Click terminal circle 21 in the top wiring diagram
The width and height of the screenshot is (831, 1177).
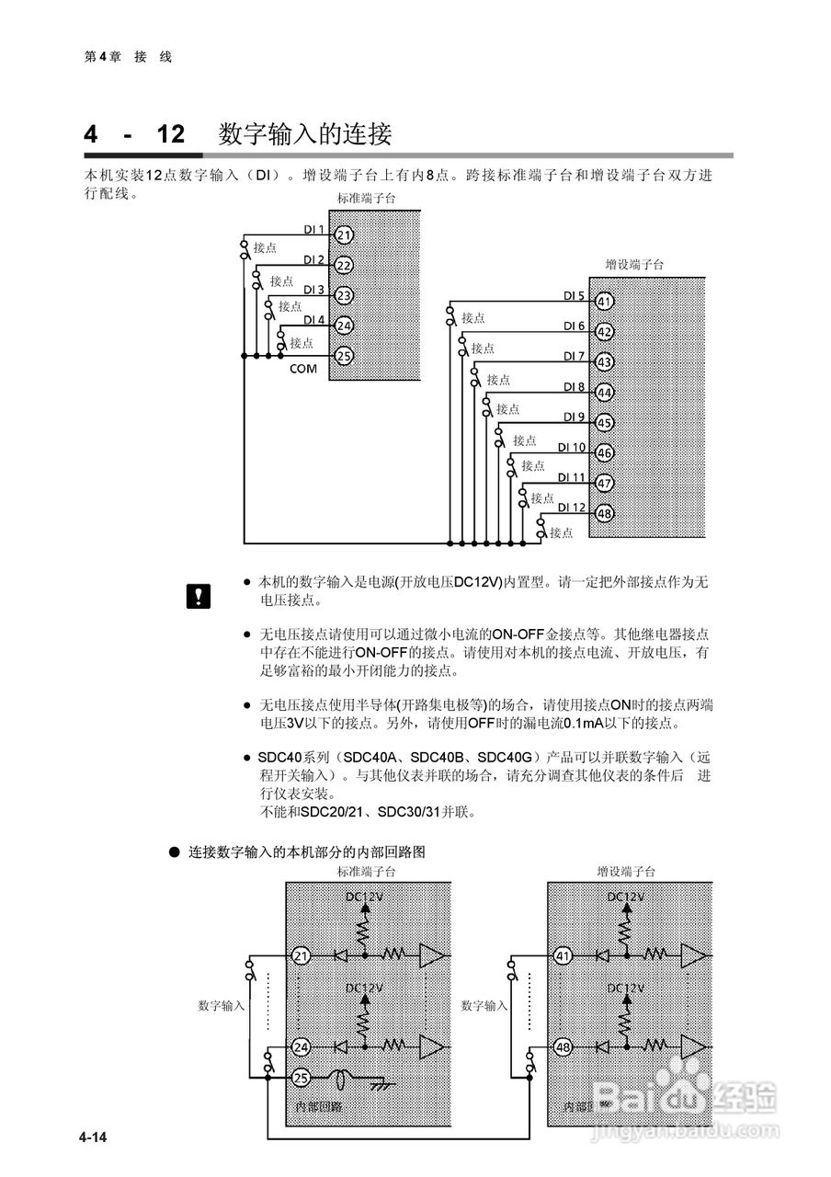[344, 235]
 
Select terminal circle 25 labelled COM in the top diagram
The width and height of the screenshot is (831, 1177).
[344, 355]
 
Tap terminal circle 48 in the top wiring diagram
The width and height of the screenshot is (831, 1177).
[605, 513]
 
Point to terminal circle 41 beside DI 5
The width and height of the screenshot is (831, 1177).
[605, 302]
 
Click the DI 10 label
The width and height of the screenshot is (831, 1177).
[572, 448]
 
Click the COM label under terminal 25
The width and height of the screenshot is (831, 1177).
[302, 369]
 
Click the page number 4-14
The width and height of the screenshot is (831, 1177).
[93, 1138]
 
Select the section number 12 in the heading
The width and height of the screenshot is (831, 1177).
[171, 135]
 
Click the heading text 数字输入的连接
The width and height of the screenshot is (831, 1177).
[305, 135]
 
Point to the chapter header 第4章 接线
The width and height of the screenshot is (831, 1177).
[128, 57]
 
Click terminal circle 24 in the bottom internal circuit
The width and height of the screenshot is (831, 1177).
[302, 1046]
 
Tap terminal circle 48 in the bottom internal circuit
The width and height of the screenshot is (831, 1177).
[563, 1046]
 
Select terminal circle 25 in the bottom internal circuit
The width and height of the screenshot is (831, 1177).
[302, 1078]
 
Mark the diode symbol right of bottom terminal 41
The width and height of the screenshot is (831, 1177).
[602, 956]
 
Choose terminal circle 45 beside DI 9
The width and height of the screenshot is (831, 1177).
[605, 423]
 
